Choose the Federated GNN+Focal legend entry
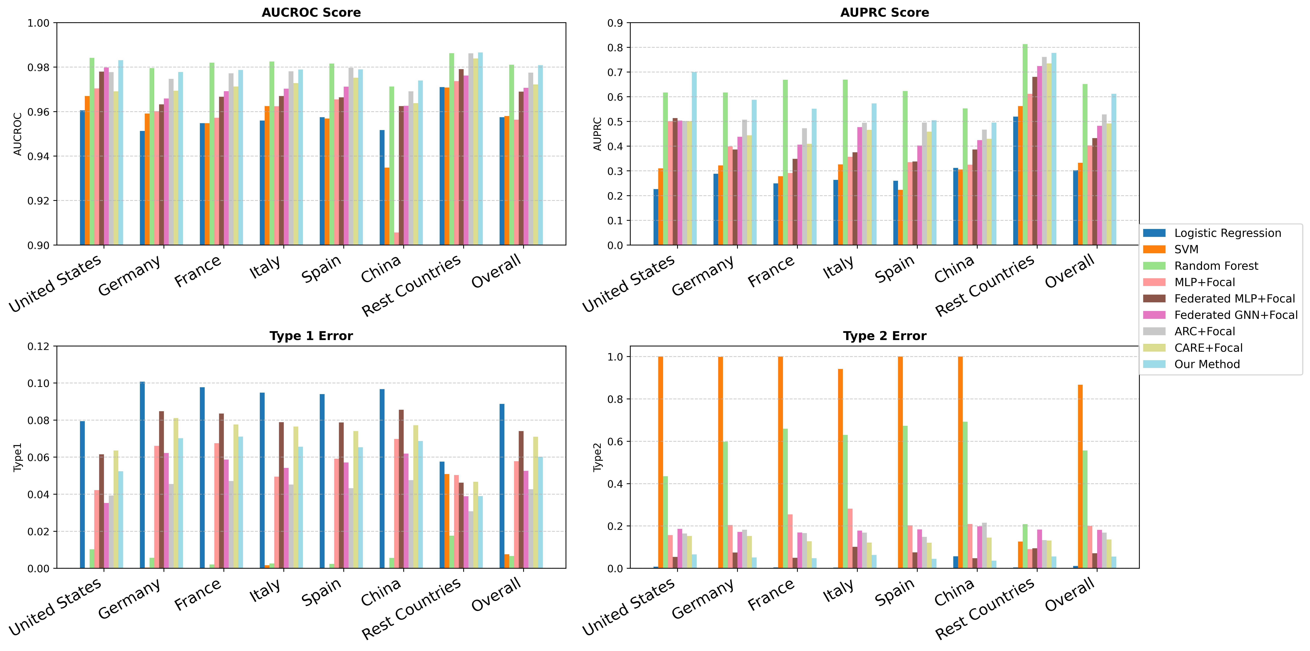coord(1235,315)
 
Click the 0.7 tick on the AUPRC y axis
coord(615,72)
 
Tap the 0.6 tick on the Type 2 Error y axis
coord(615,441)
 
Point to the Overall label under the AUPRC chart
coord(1069,270)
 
